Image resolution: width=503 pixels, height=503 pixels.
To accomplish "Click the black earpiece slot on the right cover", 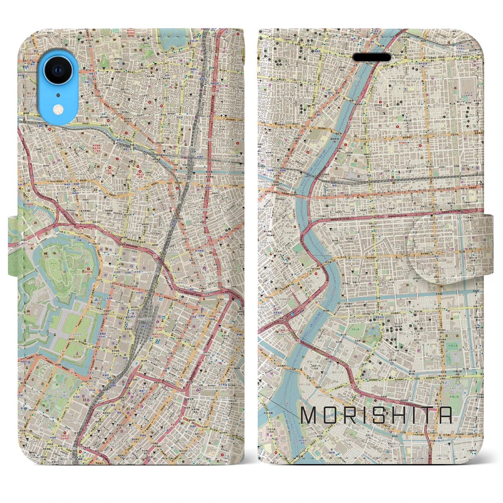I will tap(372, 57).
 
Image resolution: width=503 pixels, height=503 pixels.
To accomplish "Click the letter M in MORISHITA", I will tap(308, 415).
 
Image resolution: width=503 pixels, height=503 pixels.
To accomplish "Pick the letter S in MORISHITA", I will tap(380, 415).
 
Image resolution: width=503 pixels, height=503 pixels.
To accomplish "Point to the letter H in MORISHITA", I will tap(401, 415).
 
